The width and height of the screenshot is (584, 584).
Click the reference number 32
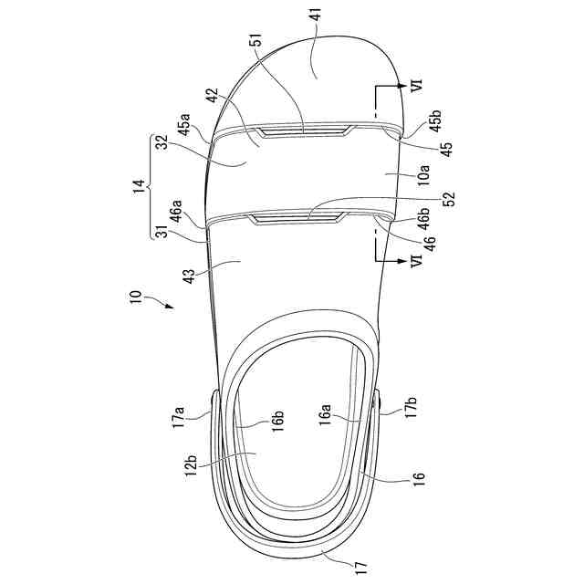[x=162, y=141]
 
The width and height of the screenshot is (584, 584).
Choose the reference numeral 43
[x=190, y=276]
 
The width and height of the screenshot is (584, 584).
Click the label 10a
[x=424, y=175]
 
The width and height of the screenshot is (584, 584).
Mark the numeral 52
[x=449, y=199]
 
